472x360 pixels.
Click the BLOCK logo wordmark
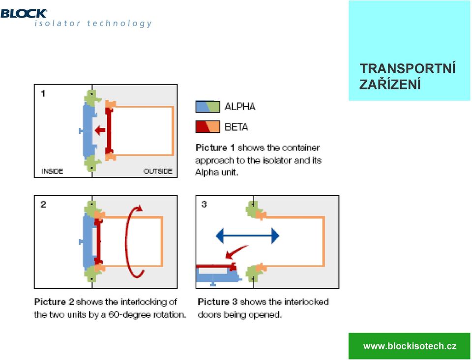[24, 14]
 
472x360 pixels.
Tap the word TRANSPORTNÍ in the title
[408, 69]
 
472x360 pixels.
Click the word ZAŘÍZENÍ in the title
[390, 84]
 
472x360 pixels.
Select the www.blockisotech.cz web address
[410, 346]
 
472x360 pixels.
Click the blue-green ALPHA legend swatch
[207, 107]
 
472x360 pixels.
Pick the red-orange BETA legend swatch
[207, 127]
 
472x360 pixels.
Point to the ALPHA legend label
[240, 107]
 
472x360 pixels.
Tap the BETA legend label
[236, 127]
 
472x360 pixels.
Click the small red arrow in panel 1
[100, 131]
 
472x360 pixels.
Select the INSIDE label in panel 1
[53, 171]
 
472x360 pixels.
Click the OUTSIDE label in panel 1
[158, 171]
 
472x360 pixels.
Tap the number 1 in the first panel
[43, 93]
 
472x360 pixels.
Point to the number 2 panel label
[43, 205]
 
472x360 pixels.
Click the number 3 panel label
[204, 205]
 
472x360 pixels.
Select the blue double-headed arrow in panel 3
[247, 236]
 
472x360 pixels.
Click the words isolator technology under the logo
[93, 24]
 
